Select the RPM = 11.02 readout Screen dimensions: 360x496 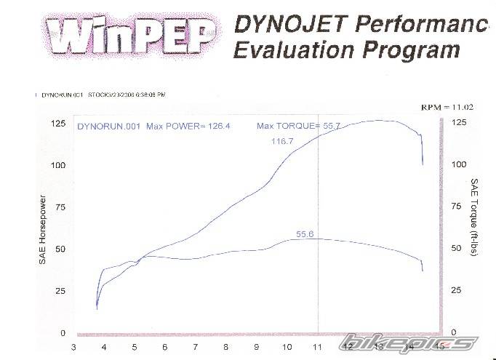click(x=447, y=107)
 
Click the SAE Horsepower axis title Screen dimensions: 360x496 click(x=43, y=230)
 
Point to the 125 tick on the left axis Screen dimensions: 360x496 click(x=57, y=124)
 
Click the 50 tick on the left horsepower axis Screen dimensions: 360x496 click(x=60, y=249)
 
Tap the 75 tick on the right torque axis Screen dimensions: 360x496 click(x=456, y=207)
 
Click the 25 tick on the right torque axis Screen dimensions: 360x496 click(x=456, y=291)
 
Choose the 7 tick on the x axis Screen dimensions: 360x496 click(x=196, y=347)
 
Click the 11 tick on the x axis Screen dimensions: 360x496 click(x=317, y=347)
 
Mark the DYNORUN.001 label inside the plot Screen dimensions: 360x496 click(x=109, y=127)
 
